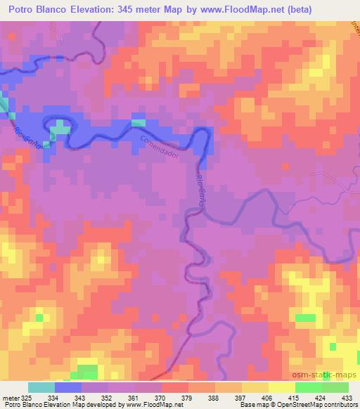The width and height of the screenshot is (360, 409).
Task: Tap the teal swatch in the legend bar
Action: click(x=41, y=387)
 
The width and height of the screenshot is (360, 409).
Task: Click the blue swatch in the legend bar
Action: click(x=68, y=387)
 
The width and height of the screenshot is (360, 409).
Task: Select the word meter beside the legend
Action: click(x=11, y=398)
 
